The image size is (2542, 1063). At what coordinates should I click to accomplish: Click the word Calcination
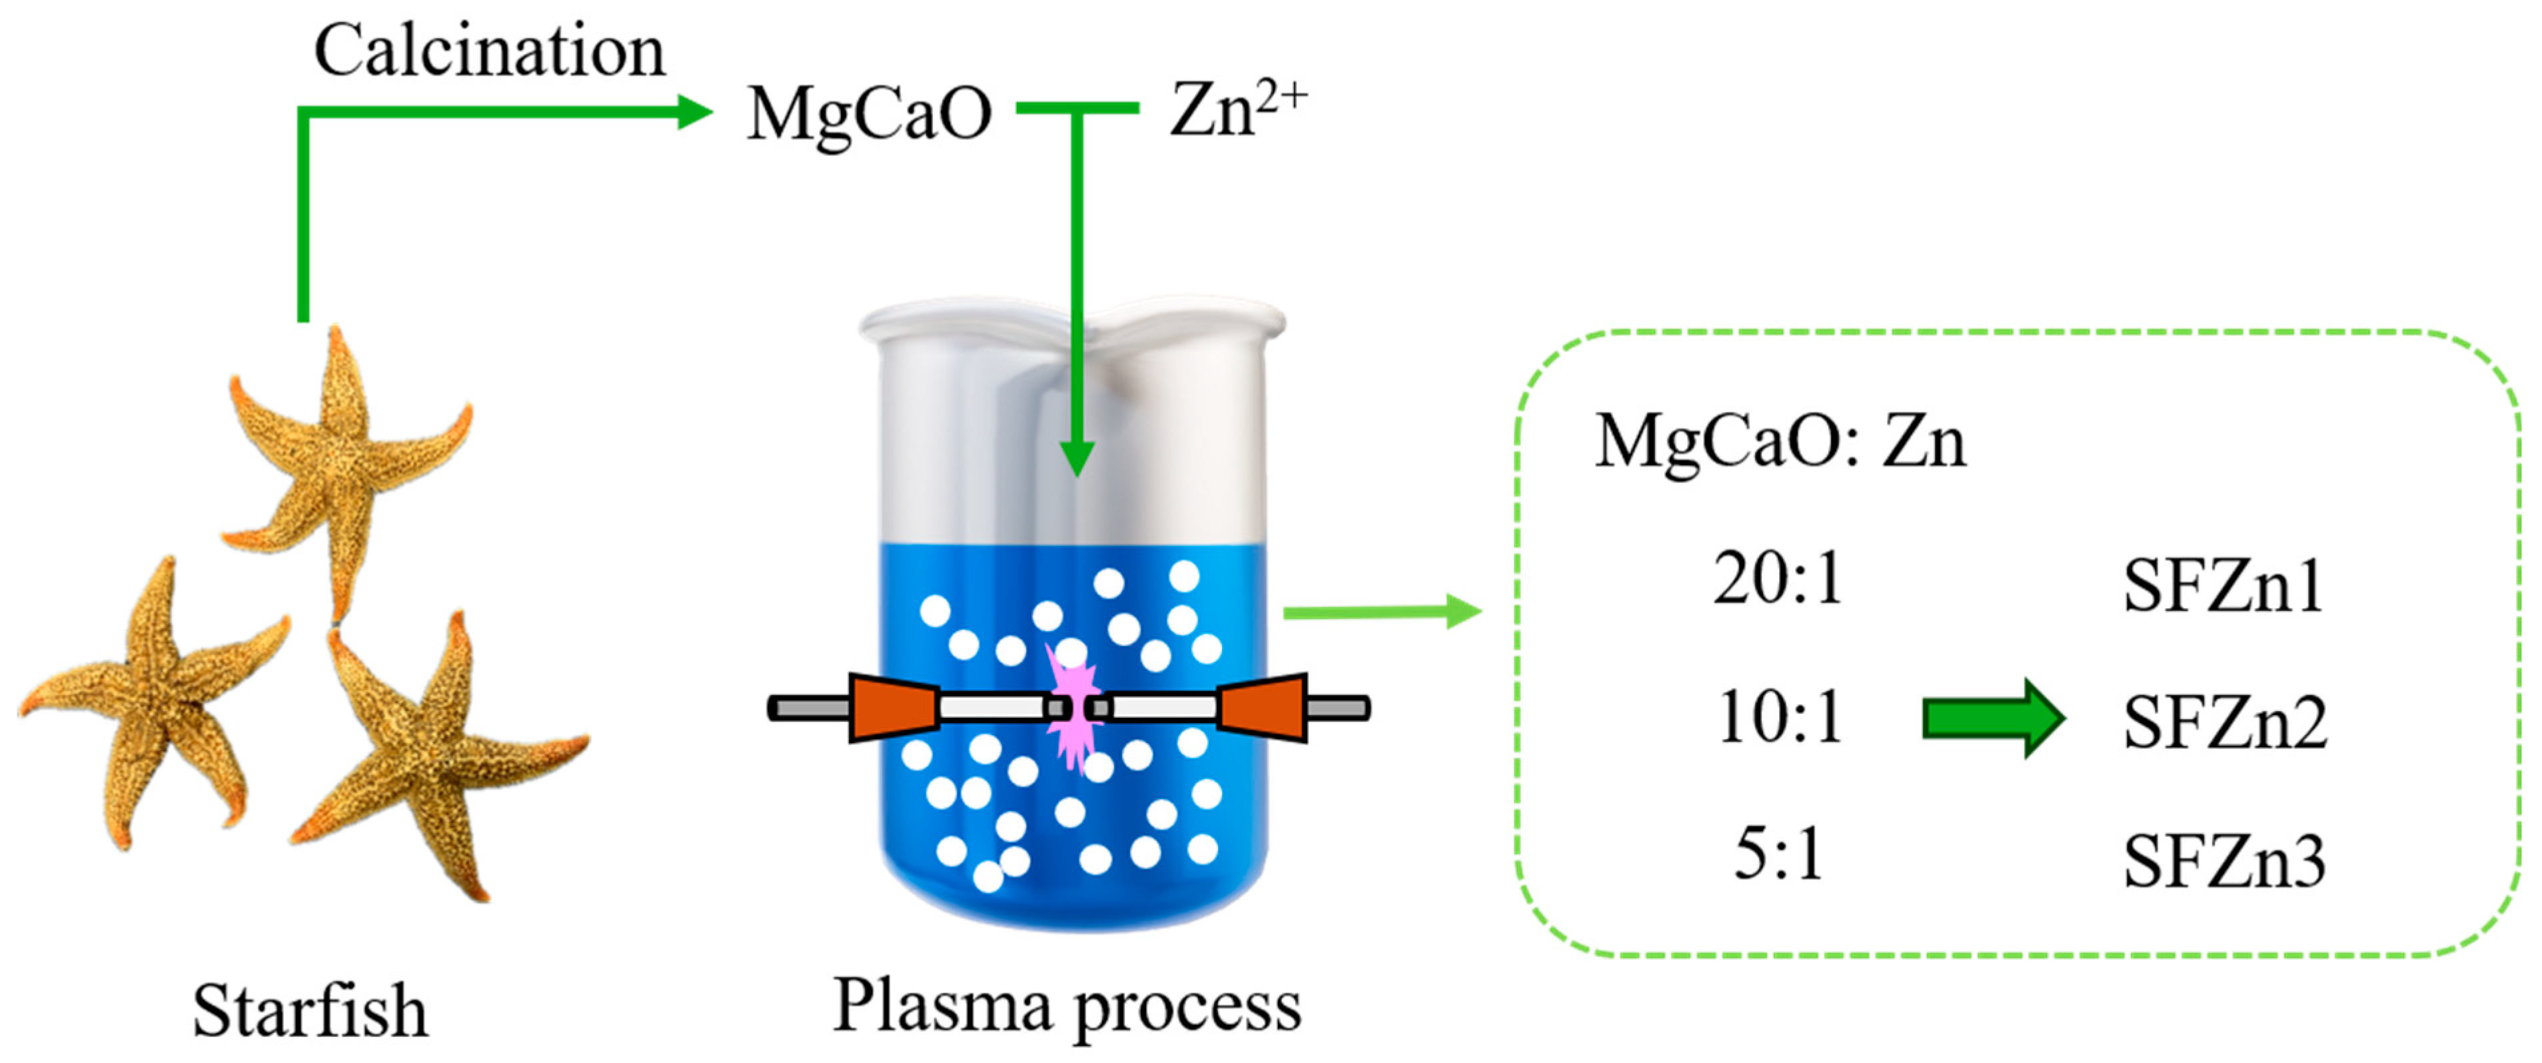click(x=488, y=51)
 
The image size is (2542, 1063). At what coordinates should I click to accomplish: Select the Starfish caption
click(x=310, y=1011)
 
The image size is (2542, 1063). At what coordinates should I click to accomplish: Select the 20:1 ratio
click(x=1777, y=579)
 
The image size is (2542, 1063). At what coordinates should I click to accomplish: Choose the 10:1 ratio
click(x=1779, y=718)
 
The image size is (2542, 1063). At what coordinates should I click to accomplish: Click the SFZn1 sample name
click(x=2222, y=586)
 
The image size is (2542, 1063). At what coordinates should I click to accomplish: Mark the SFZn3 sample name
click(x=2224, y=862)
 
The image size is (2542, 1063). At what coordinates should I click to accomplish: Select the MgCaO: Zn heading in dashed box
click(x=1779, y=441)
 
